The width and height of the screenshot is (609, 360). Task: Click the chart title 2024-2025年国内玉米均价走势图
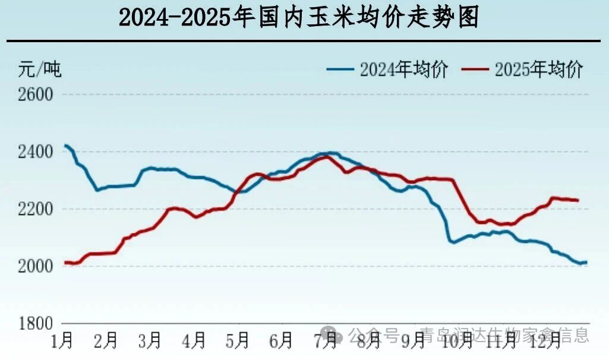299,18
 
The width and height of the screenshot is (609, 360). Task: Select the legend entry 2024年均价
387,70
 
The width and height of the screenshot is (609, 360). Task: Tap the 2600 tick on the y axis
36,95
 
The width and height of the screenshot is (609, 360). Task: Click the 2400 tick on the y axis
36,152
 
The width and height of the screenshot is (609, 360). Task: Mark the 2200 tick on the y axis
36,209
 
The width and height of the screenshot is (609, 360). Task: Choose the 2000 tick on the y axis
36,266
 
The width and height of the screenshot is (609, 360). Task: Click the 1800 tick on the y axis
36,324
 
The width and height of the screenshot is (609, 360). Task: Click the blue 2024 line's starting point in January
65,146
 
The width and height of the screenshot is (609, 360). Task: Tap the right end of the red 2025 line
578,200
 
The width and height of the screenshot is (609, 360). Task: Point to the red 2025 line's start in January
65,263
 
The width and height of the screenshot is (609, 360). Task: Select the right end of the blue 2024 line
586,262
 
